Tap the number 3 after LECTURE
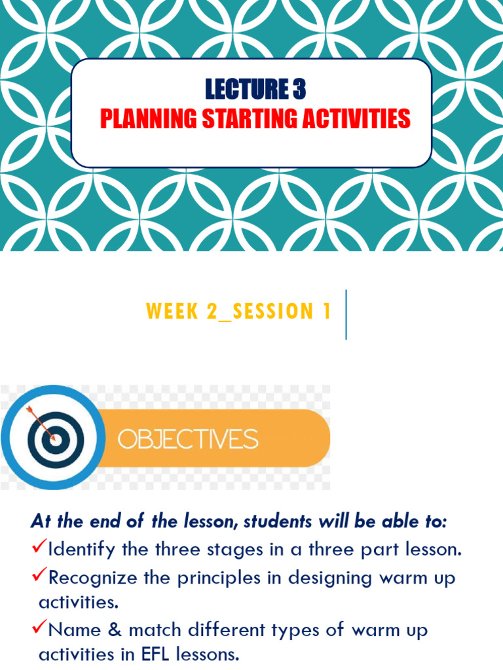tap(299, 90)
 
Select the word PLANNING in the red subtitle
tap(148, 119)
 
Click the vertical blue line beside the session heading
tap(346, 315)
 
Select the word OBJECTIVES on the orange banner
tap(187, 438)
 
